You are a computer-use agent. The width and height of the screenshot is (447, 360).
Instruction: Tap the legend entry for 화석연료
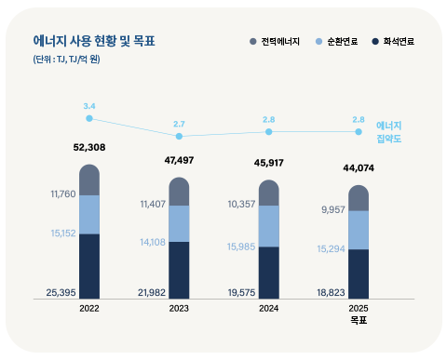click(392, 43)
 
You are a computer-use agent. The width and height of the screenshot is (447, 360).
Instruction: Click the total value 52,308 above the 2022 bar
click(88, 148)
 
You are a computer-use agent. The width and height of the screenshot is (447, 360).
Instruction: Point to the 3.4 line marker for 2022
click(89, 118)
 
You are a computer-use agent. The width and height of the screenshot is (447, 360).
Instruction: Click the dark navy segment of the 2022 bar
click(89, 266)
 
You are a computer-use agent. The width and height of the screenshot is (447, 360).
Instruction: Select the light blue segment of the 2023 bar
click(179, 223)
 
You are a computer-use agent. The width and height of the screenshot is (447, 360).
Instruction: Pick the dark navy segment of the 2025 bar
click(358, 273)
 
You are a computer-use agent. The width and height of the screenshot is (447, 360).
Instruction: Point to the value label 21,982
click(151, 292)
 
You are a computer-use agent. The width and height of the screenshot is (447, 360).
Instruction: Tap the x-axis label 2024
click(268, 308)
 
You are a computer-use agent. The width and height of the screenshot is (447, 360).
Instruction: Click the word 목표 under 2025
click(358, 321)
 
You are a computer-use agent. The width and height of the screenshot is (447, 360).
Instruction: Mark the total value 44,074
click(357, 168)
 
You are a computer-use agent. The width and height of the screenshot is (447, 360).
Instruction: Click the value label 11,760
click(61, 194)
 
